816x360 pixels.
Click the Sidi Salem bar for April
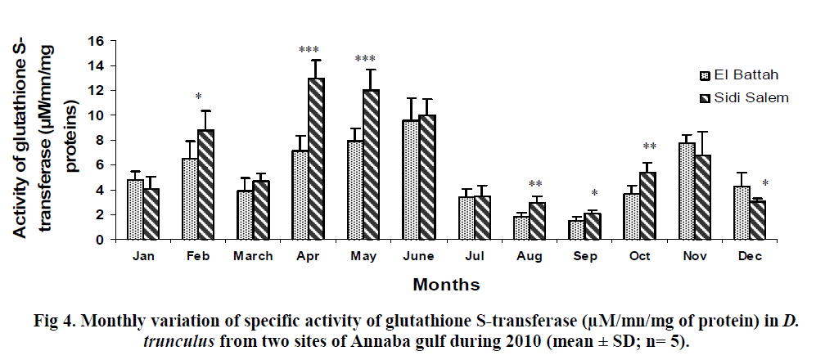pyautogui.click(x=315, y=159)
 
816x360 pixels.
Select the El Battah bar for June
pyautogui.click(x=409, y=180)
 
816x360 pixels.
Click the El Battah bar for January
pyautogui.click(x=135, y=209)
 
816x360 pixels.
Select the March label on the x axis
pyautogui.click(x=253, y=257)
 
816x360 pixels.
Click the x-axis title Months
pyautogui.click(x=446, y=285)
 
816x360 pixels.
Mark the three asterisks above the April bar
pyautogui.click(x=309, y=51)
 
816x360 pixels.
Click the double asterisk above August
pyautogui.click(x=535, y=184)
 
